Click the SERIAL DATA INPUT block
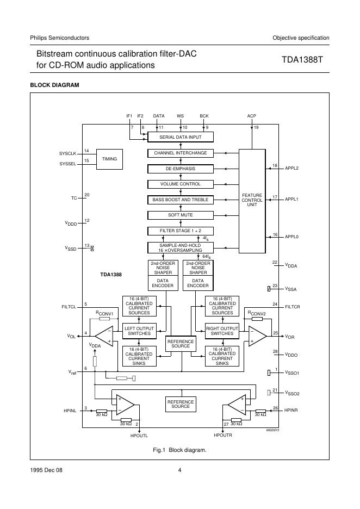point(181,137)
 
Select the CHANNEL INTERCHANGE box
point(181,153)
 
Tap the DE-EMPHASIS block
point(181,169)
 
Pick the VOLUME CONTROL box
point(181,184)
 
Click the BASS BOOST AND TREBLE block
point(181,200)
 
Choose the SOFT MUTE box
point(181,215)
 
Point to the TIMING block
point(109,158)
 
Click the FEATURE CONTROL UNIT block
point(252,200)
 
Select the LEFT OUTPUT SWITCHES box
point(139,331)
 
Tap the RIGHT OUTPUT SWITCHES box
point(222,331)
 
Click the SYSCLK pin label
point(67,154)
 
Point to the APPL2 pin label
point(292,168)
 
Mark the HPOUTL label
point(139,436)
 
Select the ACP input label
point(251,116)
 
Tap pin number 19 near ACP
point(256,127)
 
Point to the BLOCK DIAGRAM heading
point(54,85)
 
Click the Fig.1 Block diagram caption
point(179,450)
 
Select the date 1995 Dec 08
point(46,470)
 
